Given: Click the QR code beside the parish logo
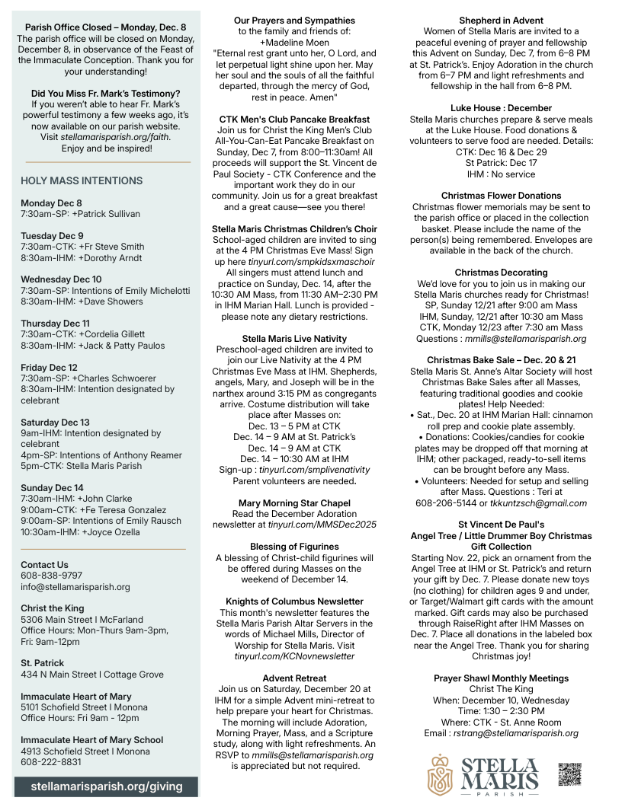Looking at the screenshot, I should click(569, 774).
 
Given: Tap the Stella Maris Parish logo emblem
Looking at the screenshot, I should click(441, 774).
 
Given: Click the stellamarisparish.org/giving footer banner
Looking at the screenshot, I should click(107, 786).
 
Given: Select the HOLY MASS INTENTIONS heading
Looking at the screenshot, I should click(82, 181).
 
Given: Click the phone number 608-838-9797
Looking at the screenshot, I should click(52, 576).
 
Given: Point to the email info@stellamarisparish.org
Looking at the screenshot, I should click(75, 587).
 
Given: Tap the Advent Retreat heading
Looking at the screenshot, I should click(294, 678).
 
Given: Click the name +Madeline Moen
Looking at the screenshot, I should click(294, 43).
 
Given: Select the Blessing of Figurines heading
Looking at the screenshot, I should click(294, 547).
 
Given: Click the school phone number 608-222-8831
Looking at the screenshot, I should click(52, 761).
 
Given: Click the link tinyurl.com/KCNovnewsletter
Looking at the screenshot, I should click(294, 656).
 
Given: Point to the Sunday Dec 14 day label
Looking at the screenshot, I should click(53, 488).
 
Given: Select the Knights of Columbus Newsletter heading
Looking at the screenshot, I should click(294, 601).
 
